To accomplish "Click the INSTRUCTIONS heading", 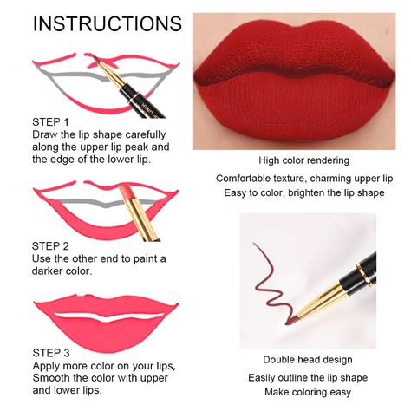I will (x=107, y=23).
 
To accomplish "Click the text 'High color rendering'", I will (x=303, y=160).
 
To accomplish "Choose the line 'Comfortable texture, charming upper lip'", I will (x=303, y=179).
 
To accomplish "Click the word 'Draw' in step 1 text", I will (x=47, y=134).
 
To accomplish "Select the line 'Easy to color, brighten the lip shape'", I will (x=303, y=192).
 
